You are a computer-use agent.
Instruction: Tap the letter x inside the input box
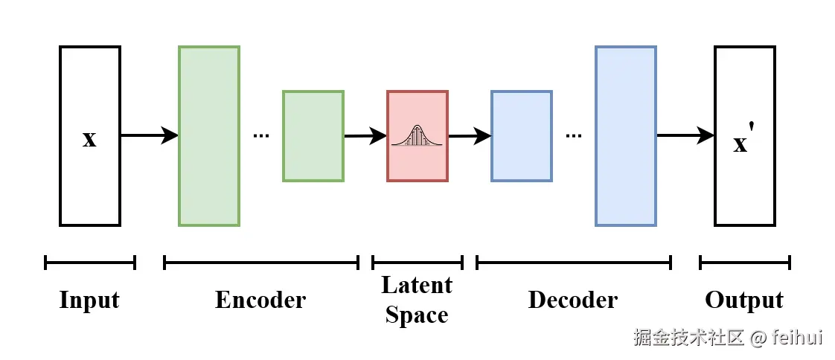[89, 138]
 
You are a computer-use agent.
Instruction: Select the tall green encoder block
[209, 136]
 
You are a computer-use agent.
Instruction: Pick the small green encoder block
[313, 136]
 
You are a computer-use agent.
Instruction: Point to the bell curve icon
[418, 135]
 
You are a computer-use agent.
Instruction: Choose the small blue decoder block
[522, 136]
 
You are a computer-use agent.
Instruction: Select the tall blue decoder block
[626, 136]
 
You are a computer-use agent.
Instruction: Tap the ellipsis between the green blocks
[261, 136]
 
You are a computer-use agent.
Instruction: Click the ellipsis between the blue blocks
[574, 136]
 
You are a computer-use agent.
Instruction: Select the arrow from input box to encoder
[149, 135]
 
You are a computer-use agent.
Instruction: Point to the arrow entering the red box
[365, 136]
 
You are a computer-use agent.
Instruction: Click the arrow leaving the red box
[470, 136]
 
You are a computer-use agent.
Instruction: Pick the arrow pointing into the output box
[685, 135]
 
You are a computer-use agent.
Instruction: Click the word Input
[89, 300]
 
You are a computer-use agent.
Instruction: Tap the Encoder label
[260, 300]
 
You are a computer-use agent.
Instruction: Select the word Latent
[417, 286]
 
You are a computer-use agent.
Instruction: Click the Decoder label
[573, 300]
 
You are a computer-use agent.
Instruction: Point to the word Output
[744, 300]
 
